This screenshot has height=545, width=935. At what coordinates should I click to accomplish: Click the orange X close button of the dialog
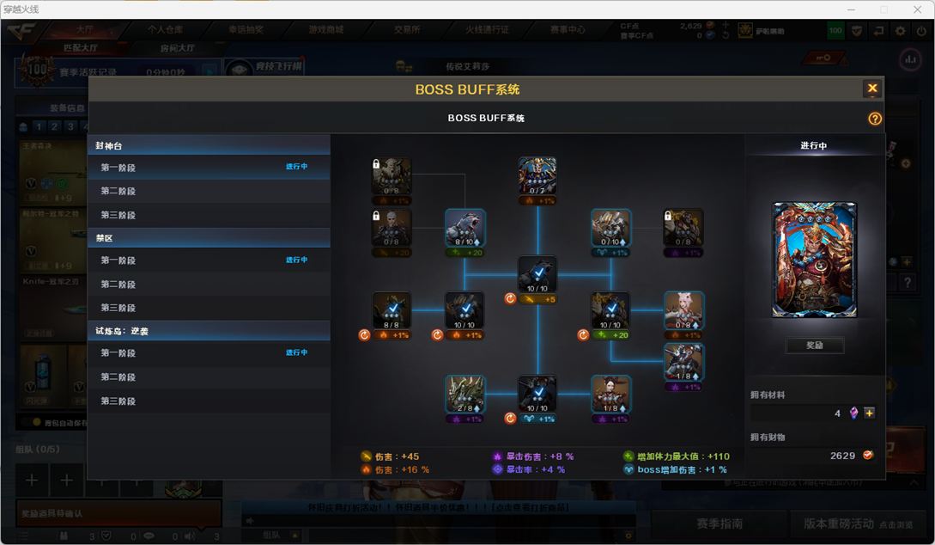[871, 88]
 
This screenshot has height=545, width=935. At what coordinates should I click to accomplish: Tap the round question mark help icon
[875, 119]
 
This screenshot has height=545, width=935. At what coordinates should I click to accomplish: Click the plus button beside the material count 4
[869, 413]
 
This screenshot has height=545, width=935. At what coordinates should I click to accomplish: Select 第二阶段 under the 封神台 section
[118, 191]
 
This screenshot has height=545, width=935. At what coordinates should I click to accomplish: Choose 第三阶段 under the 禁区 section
[118, 308]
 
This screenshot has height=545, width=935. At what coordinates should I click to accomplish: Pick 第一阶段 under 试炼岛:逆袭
[118, 352]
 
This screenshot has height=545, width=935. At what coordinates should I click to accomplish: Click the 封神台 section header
[110, 146]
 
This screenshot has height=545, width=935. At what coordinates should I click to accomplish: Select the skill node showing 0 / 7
[537, 176]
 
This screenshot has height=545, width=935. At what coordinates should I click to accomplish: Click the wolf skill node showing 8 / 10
[465, 228]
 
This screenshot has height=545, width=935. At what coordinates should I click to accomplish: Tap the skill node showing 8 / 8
[392, 310]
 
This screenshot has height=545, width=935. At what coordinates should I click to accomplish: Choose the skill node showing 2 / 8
[465, 394]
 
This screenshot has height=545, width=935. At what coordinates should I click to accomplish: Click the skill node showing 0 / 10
[610, 228]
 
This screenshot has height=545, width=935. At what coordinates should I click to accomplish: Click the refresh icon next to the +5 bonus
[510, 299]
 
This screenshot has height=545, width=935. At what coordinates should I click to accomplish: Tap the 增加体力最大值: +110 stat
[678, 456]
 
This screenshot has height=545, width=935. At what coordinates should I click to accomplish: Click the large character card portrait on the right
[814, 260]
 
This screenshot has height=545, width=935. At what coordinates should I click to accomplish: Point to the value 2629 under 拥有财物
[842, 456]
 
